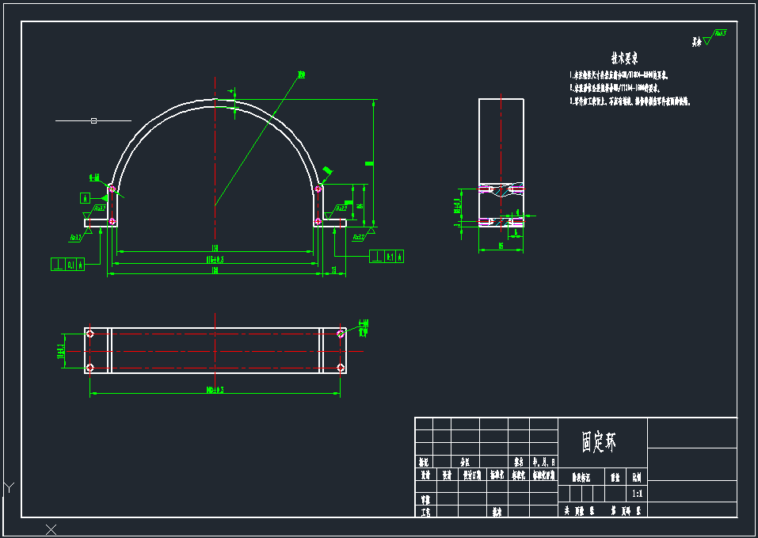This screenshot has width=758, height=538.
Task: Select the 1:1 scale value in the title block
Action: point(637,494)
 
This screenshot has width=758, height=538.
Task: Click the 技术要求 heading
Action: point(624,59)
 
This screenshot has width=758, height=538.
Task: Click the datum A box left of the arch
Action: point(85,197)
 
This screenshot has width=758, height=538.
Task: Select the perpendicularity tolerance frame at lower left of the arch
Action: point(69,265)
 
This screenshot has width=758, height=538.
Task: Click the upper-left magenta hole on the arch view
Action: point(112,189)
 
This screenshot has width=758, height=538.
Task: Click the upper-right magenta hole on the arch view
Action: point(318,189)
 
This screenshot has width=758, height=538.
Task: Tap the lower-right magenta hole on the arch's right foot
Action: point(318,221)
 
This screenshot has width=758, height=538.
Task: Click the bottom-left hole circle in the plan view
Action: point(90,367)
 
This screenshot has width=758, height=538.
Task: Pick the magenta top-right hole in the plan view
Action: point(341,334)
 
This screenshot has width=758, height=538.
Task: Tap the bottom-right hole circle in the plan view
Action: point(341,367)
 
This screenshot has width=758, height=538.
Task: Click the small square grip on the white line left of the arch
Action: point(93,120)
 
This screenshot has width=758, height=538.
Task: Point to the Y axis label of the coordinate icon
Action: point(9,486)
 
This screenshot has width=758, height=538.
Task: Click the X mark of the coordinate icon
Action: point(51,529)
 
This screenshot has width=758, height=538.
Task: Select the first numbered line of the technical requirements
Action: point(619,75)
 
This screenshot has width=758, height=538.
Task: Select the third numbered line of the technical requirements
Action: point(630,102)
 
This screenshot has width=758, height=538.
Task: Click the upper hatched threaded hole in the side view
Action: point(501,189)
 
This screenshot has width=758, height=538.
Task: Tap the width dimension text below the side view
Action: point(501,246)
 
